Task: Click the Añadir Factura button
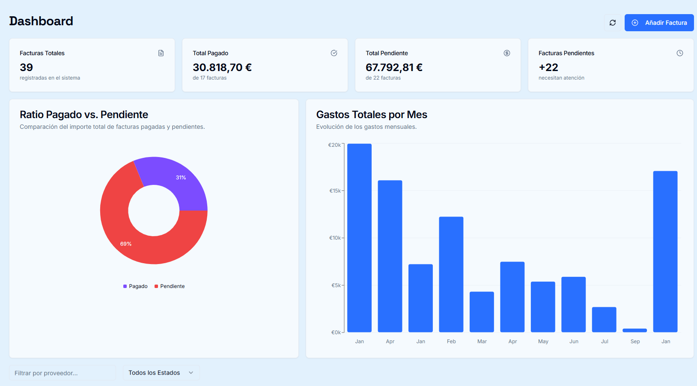659,23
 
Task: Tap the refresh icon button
613,23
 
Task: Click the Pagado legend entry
135,286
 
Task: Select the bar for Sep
634,330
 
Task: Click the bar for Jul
604,320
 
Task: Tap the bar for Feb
451,274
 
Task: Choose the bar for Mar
482,312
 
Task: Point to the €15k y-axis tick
335,191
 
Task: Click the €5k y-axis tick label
336,285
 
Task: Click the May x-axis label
543,341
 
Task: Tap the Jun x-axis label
574,341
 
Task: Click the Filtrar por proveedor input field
63,373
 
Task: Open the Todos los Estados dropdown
161,373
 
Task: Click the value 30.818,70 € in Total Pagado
222,67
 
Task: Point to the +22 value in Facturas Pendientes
548,67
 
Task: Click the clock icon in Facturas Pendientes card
679,53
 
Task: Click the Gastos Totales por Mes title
371,115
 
